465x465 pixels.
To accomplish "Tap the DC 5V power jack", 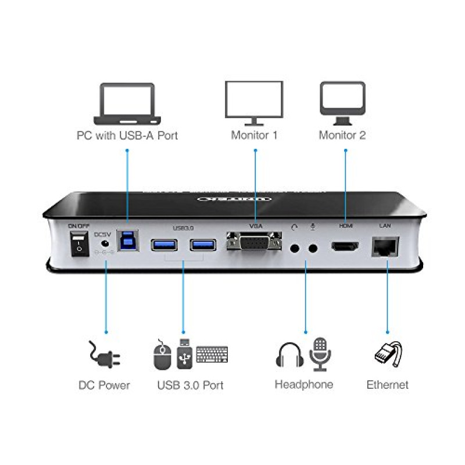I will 105,244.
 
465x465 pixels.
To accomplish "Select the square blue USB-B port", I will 127,241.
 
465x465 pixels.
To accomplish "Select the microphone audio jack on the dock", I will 314,248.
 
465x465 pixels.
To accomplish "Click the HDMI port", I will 345,246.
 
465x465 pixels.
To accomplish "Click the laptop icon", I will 127,104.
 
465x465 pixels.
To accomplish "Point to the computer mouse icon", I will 162,356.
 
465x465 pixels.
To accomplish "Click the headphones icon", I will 289,355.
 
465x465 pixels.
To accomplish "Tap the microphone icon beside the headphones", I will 320,353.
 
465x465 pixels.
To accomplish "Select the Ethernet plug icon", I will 388,354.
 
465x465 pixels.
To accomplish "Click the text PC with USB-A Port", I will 127,136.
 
